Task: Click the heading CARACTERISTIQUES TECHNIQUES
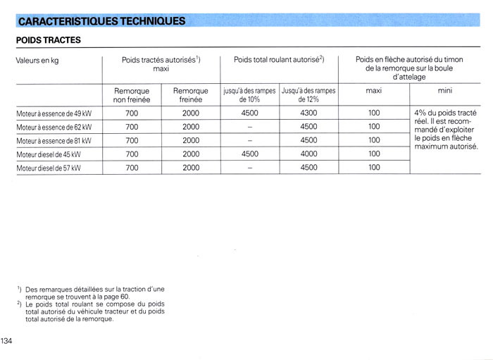(101, 20)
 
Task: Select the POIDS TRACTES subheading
(48, 41)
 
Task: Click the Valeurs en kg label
(37, 61)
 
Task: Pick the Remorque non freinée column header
(132, 95)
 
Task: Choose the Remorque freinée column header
(191, 95)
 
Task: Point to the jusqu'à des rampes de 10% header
(249, 95)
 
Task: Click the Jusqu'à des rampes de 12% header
(308, 95)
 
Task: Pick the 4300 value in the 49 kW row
(308, 113)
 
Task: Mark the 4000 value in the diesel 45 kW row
(308, 154)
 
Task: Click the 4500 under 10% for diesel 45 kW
(249, 154)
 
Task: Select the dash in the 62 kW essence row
(249, 127)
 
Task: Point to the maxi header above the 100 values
(374, 91)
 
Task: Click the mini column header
(445, 91)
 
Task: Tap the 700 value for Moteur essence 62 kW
(132, 127)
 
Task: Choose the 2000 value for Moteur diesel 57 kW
(191, 168)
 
